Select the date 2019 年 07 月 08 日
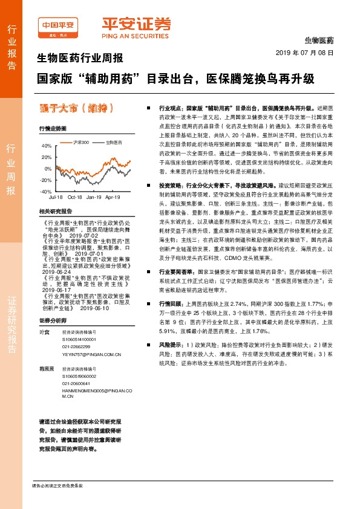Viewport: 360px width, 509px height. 309,53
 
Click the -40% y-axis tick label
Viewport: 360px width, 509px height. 46,191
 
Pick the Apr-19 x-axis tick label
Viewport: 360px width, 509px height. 113,197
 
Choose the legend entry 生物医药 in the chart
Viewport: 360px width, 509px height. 113,141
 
